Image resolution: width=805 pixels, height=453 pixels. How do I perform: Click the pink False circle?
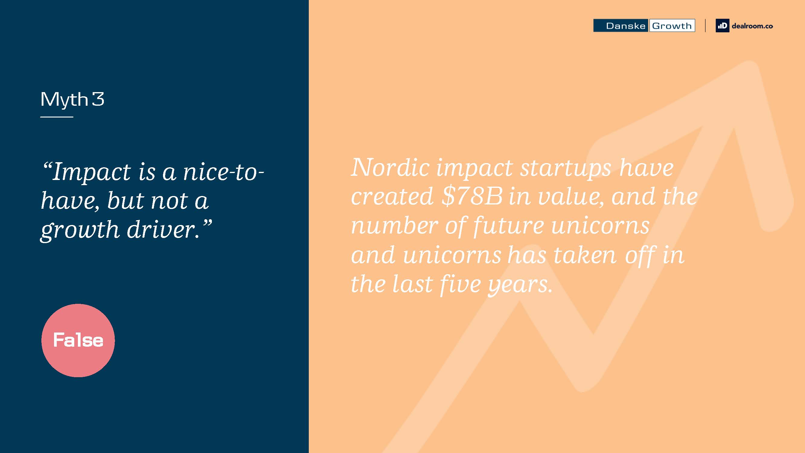pyautogui.click(x=78, y=340)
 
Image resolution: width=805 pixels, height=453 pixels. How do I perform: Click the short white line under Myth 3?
pyautogui.click(x=56, y=117)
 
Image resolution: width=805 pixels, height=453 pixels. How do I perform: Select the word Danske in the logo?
pyautogui.click(x=625, y=26)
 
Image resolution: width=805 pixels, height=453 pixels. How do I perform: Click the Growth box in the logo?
pyautogui.click(x=672, y=26)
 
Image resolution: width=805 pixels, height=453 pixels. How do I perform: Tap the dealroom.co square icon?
pyautogui.click(x=722, y=26)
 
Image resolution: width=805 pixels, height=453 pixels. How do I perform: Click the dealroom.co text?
pyautogui.click(x=752, y=26)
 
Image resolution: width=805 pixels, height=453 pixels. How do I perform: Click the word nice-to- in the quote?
pyautogui.click(x=224, y=172)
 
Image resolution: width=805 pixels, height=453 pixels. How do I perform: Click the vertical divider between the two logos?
pyautogui.click(x=705, y=26)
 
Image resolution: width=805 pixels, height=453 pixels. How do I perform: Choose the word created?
pyautogui.click(x=392, y=197)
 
